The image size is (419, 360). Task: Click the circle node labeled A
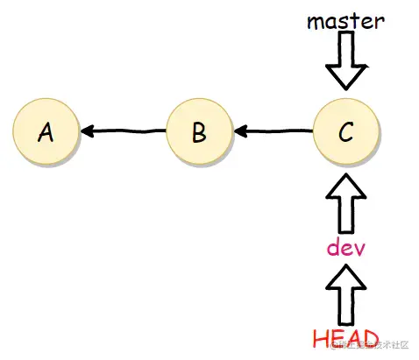coord(46,132)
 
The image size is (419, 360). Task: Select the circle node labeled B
coord(199,132)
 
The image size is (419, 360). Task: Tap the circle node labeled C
coord(345,132)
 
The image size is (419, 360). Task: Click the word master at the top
coord(345,21)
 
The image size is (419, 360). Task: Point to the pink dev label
coord(345,247)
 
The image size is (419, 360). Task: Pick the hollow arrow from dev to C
coord(345,203)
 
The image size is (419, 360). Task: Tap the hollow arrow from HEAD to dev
coord(345,293)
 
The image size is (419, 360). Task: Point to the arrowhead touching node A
coord(87,132)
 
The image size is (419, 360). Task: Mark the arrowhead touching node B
coord(239,132)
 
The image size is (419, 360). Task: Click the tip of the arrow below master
coord(345,87)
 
